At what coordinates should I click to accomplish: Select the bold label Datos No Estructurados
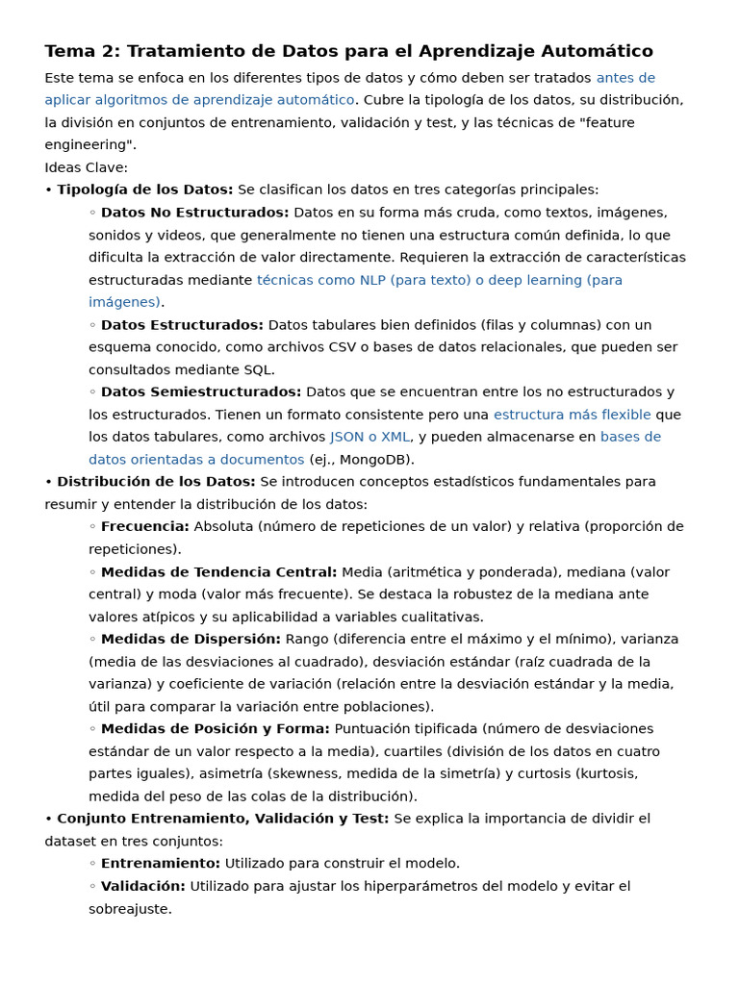[x=194, y=213]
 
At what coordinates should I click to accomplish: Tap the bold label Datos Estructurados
[x=182, y=325]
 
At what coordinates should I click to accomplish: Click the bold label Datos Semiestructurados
[x=201, y=392]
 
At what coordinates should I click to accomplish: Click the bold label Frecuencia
[x=145, y=527]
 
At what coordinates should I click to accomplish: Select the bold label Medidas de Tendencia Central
[x=219, y=572]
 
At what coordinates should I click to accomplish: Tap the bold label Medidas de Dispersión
[x=191, y=640]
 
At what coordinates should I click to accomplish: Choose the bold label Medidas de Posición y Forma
[x=216, y=729]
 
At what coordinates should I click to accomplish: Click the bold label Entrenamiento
[x=161, y=864]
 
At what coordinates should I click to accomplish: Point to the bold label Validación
[x=143, y=886]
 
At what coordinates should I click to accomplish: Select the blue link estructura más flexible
[x=572, y=415]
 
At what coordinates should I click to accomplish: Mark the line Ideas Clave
[x=86, y=167]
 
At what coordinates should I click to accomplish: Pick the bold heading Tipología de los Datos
[x=144, y=190]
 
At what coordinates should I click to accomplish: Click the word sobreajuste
[x=130, y=909]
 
